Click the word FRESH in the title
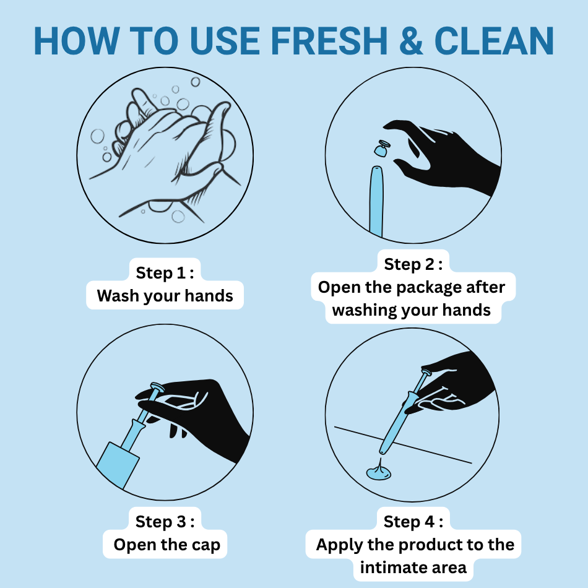[329, 41]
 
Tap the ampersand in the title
[410, 41]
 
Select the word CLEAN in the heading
[494, 41]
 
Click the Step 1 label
[165, 272]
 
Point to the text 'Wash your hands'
[165, 296]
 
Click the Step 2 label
[413, 264]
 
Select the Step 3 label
[165, 522]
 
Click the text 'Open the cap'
[167, 545]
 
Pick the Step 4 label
[413, 522]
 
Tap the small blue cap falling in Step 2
[382, 148]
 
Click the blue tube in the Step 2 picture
[376, 201]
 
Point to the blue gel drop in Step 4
[379, 471]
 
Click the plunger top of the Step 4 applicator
[426, 373]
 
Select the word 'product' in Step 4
[430, 545]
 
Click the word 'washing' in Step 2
[364, 311]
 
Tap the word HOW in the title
[77, 41]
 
